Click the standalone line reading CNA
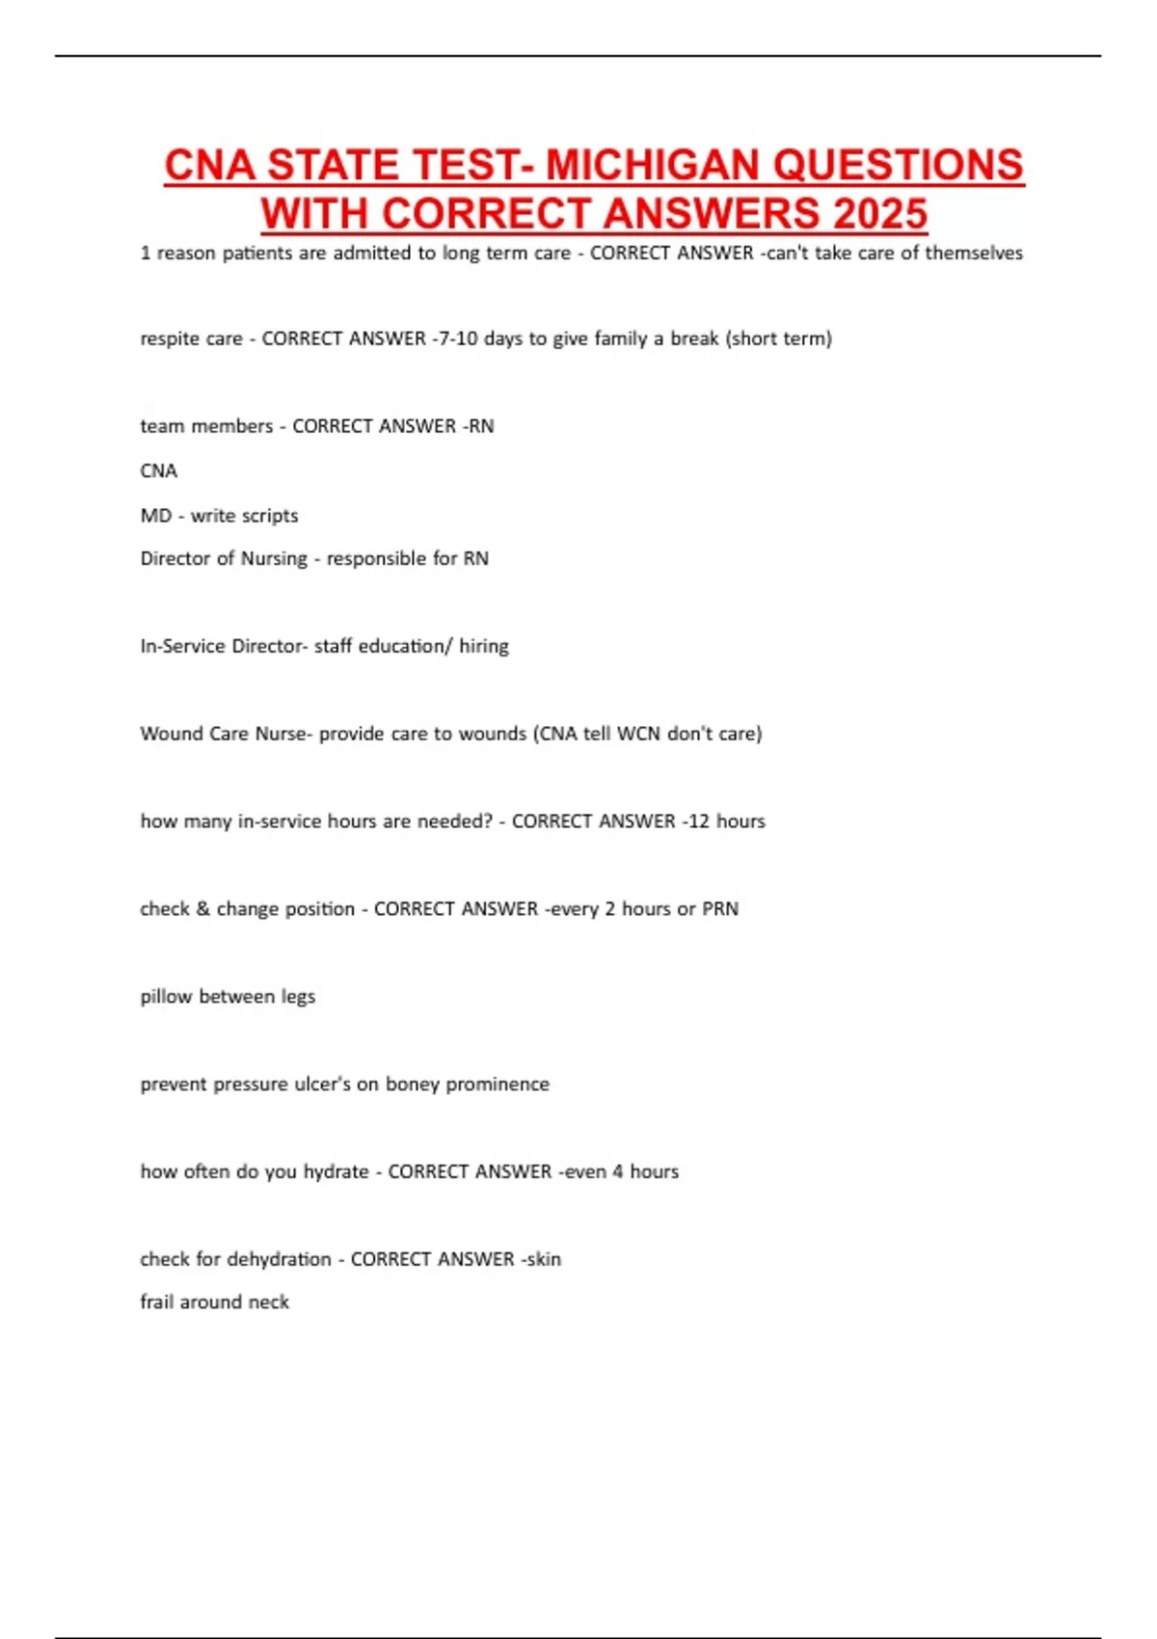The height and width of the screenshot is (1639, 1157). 159,470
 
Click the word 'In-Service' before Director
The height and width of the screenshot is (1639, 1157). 182,646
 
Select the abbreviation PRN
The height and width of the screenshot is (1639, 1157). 720,909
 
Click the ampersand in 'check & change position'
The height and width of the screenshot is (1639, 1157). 202,909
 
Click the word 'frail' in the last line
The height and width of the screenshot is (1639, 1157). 157,1303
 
